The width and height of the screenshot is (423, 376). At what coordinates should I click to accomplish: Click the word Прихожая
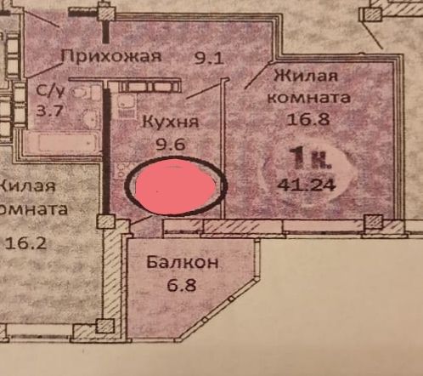[x=111, y=56]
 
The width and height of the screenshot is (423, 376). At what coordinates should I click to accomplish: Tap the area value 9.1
[x=209, y=59]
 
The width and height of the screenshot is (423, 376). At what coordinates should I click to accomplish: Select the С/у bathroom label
[x=51, y=90]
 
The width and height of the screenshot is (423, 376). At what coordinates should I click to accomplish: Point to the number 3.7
[x=50, y=111]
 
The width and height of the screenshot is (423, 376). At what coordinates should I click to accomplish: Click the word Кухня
[x=171, y=122]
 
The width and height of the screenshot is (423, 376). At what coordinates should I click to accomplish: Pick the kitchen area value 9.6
[x=171, y=145]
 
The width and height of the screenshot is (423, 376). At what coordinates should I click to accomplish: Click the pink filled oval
[x=176, y=186]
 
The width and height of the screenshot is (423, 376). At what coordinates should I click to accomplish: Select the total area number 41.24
[x=307, y=185]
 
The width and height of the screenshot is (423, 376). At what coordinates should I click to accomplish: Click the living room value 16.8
[x=308, y=119]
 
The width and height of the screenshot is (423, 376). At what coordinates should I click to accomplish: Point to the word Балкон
[x=183, y=263]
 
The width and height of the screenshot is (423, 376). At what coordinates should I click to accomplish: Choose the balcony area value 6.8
[x=182, y=285]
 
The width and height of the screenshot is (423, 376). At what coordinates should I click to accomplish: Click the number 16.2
[x=25, y=243]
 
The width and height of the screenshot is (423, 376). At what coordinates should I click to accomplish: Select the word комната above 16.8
[x=309, y=98]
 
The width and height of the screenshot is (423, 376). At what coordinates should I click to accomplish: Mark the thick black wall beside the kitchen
[x=106, y=151]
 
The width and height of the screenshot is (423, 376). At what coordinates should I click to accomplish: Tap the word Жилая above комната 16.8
[x=307, y=76]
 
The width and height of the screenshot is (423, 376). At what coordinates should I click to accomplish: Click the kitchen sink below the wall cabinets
[x=126, y=105]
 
